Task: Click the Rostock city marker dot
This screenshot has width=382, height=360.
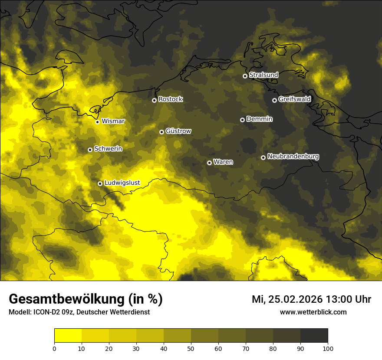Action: [x=154, y=100]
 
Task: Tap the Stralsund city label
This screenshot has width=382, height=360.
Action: [x=263, y=75]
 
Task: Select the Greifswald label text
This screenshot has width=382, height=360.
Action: [x=294, y=99]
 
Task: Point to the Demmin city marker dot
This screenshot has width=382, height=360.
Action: [x=242, y=120]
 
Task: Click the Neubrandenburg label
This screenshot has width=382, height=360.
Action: [x=293, y=157]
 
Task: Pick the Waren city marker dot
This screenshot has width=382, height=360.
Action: [x=209, y=163]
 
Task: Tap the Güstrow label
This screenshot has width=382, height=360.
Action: [x=178, y=131]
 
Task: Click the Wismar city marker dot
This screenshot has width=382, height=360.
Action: [x=97, y=122]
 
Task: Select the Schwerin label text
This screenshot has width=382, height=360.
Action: [x=108, y=149]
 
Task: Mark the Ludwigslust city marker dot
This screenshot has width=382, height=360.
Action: [x=100, y=183]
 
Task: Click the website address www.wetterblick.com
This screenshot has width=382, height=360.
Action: [x=313, y=312]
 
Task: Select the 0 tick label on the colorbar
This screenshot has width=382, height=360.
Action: [x=54, y=348]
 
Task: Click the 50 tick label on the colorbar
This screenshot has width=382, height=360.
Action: [x=191, y=348]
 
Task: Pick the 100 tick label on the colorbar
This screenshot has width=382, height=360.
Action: [x=328, y=348]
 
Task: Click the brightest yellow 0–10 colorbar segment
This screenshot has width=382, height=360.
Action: [x=68, y=336]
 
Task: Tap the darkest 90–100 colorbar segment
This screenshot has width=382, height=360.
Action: [x=314, y=336]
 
